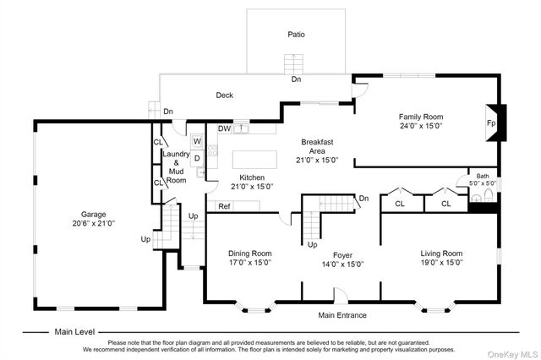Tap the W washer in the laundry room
coord(197,141)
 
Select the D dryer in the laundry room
coord(197,158)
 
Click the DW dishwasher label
coord(224,128)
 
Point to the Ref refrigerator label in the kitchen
coord(224,206)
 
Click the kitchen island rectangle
coord(254,160)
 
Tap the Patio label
coord(297,34)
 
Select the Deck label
coord(225,95)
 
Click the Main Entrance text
coord(342,315)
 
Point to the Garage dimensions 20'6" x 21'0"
coord(94,223)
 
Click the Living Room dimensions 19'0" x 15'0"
coord(441,263)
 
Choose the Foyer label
coord(342,255)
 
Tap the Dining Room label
coord(250,254)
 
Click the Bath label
coord(483,177)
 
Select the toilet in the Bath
coord(489,195)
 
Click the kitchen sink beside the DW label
coord(241,128)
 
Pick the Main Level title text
coord(74,332)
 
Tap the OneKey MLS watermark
coord(513,354)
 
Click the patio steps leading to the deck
coord(293,64)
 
